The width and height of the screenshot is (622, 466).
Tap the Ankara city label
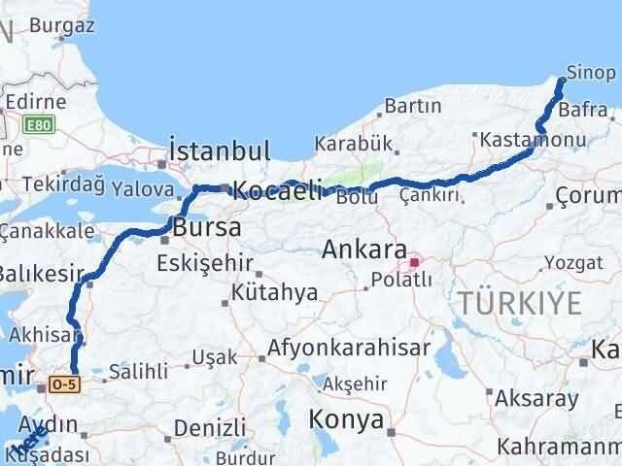pyautogui.click(x=363, y=251)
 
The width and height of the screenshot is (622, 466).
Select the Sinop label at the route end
pyautogui.click(x=591, y=74)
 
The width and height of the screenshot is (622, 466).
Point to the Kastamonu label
pyautogui.click(x=531, y=141)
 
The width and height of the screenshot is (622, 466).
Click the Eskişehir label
pyautogui.click(x=210, y=263)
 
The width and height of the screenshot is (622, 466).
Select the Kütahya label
pyautogui.click(x=261, y=291)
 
